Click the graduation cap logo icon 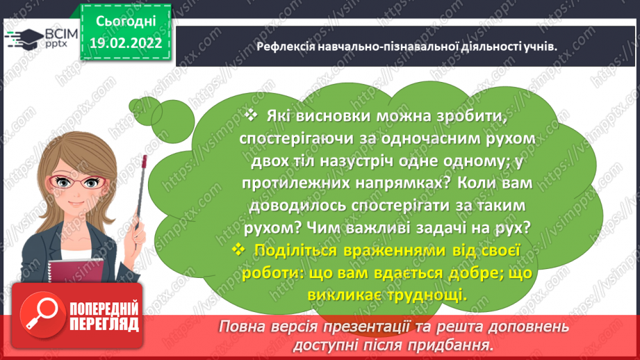tap(22, 37)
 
